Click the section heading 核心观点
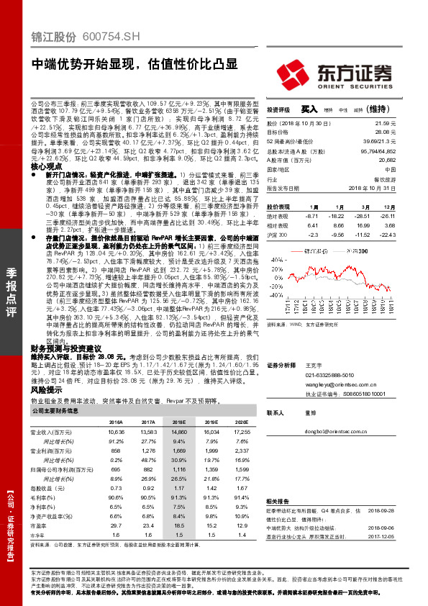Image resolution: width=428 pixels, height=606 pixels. pos(44,165)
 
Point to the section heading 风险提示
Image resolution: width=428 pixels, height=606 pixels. pos(44,389)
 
